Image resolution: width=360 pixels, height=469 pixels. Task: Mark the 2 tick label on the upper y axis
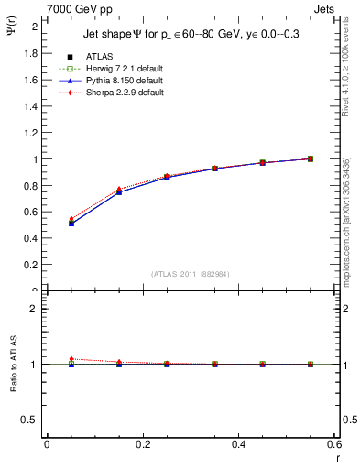click(x=36, y=27)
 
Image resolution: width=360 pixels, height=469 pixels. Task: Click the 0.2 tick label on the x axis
click(x=142, y=444)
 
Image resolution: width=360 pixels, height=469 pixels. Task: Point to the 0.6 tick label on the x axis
click(x=334, y=444)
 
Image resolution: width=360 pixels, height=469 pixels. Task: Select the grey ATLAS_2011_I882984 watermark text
click(x=191, y=273)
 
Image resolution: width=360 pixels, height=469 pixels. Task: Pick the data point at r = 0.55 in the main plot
click(x=311, y=158)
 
